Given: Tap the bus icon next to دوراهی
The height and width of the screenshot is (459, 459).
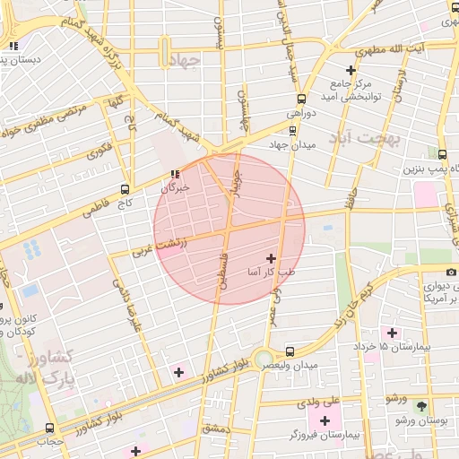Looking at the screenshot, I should pos(299,100).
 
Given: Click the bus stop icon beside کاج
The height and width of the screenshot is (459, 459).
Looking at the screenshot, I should pos(125,189).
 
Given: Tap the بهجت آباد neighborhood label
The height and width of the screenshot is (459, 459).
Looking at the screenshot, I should pos(363,139).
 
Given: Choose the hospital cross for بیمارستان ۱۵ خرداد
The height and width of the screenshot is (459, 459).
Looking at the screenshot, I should pos(392,333).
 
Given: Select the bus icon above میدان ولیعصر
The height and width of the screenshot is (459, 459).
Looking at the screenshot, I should pos(289,351).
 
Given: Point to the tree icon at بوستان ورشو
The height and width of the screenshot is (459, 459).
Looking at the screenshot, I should pos(420,405).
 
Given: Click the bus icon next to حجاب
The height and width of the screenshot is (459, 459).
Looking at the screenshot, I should pos(50,427).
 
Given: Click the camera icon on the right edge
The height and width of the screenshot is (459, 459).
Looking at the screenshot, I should pos(451,272).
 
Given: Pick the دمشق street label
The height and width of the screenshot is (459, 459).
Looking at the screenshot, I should pos(216,429).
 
